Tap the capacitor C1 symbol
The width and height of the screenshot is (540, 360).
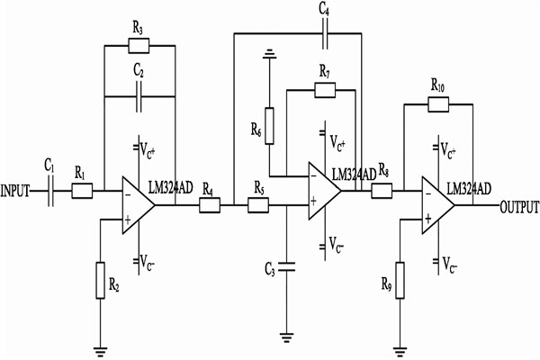(50, 192)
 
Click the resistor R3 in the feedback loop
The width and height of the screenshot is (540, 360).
(137, 45)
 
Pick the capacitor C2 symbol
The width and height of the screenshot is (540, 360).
(138, 96)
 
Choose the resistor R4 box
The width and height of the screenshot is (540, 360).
(209, 205)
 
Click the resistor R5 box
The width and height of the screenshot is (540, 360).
(258, 205)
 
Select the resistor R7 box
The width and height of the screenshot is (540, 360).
(324, 89)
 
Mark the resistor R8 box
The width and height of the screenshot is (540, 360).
(382, 191)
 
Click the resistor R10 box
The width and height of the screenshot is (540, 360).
(437, 104)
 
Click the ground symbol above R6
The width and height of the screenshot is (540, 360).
(267, 56)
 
